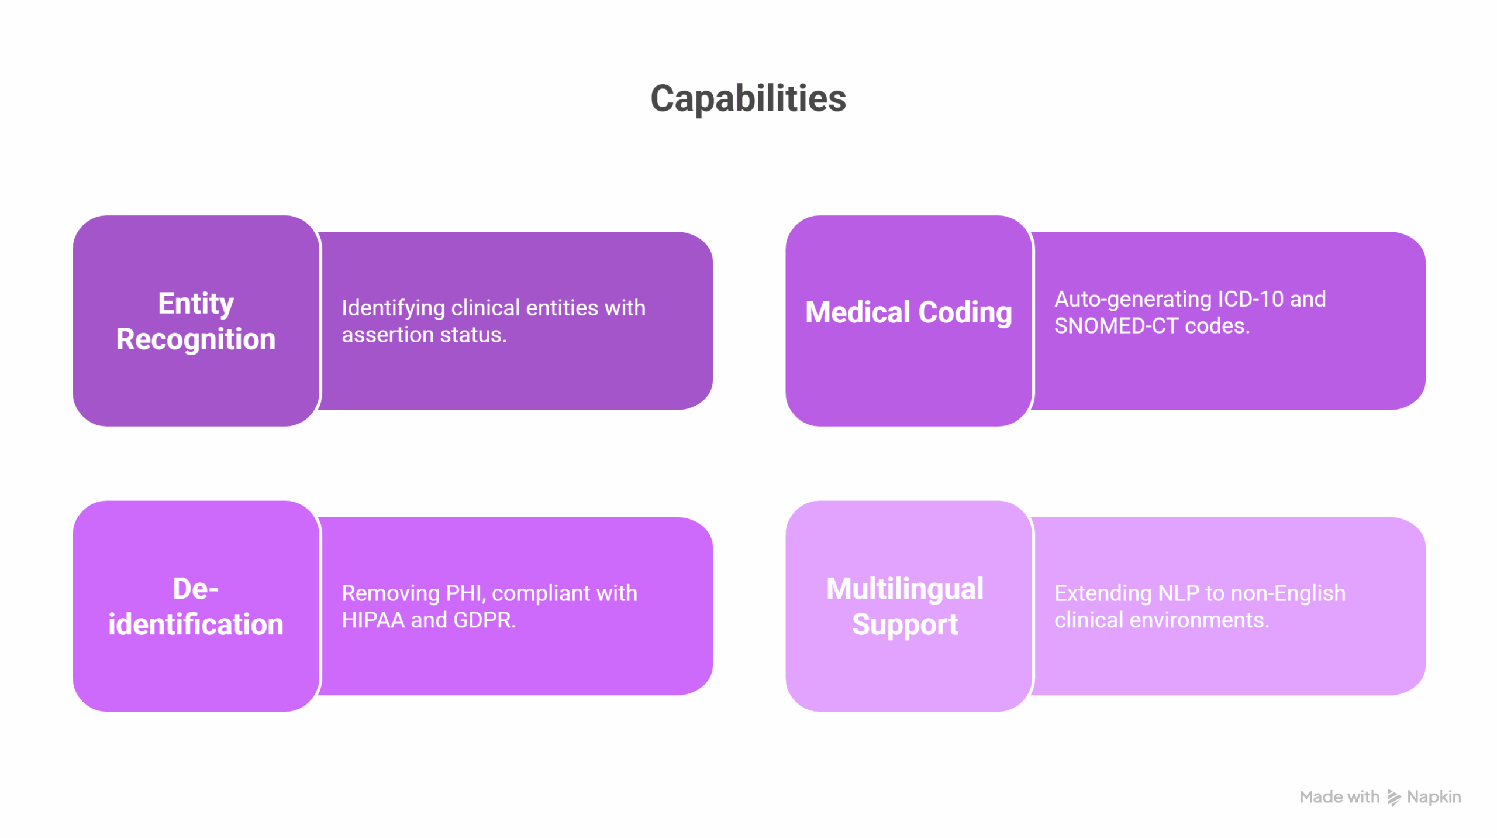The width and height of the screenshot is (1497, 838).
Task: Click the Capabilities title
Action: [x=748, y=99]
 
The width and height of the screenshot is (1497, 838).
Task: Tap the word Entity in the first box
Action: [x=196, y=304]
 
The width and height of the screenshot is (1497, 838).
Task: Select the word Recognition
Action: [x=196, y=339]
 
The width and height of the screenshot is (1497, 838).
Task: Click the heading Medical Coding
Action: [x=909, y=312]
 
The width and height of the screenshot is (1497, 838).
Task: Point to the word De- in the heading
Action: [x=196, y=589]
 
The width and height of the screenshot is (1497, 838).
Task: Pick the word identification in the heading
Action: [x=196, y=624]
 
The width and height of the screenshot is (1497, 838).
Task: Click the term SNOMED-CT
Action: [x=1116, y=326]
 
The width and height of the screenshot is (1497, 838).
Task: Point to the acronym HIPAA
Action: [x=373, y=620]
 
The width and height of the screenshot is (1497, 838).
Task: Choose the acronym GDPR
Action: [x=485, y=620]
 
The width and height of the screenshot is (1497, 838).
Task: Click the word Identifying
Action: [x=394, y=308]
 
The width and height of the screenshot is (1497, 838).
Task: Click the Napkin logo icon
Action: [x=1394, y=798]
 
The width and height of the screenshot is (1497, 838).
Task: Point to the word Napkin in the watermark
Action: [x=1434, y=798]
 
